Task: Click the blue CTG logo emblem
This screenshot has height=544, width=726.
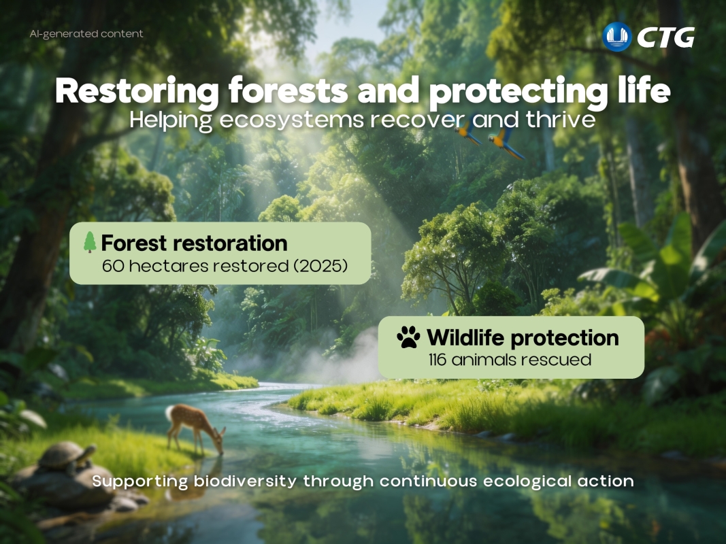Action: click(x=617, y=37)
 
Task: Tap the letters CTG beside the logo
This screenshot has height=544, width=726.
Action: click(x=665, y=37)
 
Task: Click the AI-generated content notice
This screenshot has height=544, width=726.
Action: click(x=86, y=34)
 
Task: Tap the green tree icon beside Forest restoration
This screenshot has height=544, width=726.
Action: click(x=89, y=243)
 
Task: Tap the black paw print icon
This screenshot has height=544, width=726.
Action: click(x=408, y=337)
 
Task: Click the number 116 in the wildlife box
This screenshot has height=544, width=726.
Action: click(x=440, y=360)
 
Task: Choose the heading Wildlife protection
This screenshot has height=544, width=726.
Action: click(x=523, y=337)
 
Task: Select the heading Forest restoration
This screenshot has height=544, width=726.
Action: click(x=194, y=243)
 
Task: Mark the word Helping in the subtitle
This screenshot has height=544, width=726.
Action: click(x=167, y=120)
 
